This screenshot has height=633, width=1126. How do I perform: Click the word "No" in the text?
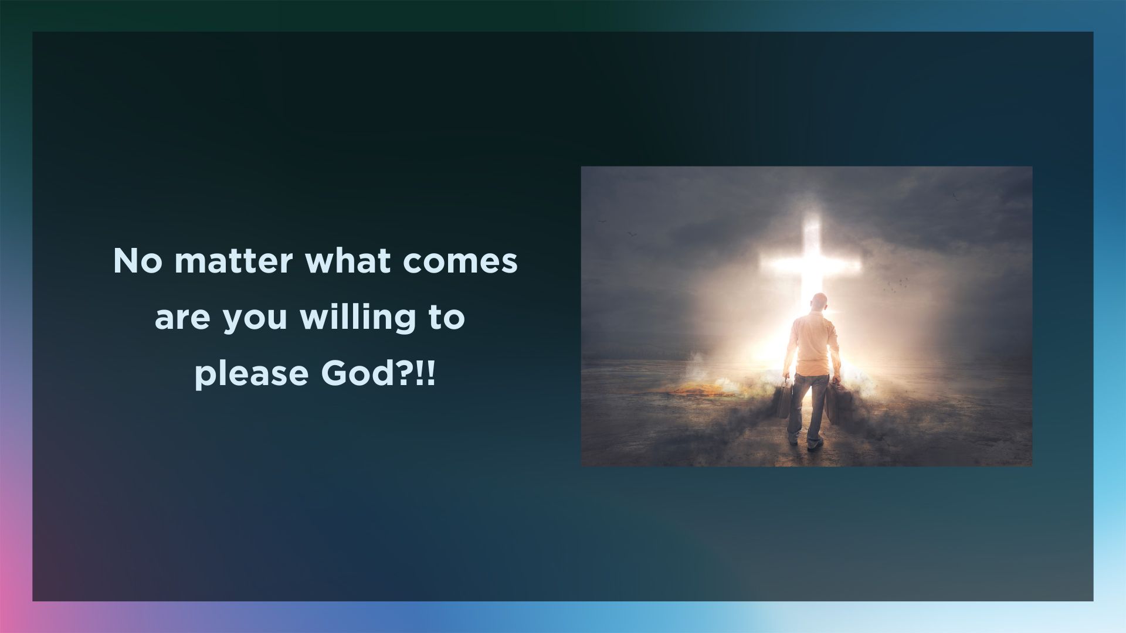[138, 261]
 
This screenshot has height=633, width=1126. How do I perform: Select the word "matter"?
[233, 261]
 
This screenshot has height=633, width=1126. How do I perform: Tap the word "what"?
[348, 261]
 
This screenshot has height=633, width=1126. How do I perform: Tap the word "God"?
[358, 373]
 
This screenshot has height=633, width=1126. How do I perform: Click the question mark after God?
[407, 373]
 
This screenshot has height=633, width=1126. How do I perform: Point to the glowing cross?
[812, 264]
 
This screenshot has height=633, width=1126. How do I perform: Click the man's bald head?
[819, 303]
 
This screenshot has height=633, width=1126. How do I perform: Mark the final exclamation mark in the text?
[431, 373]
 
